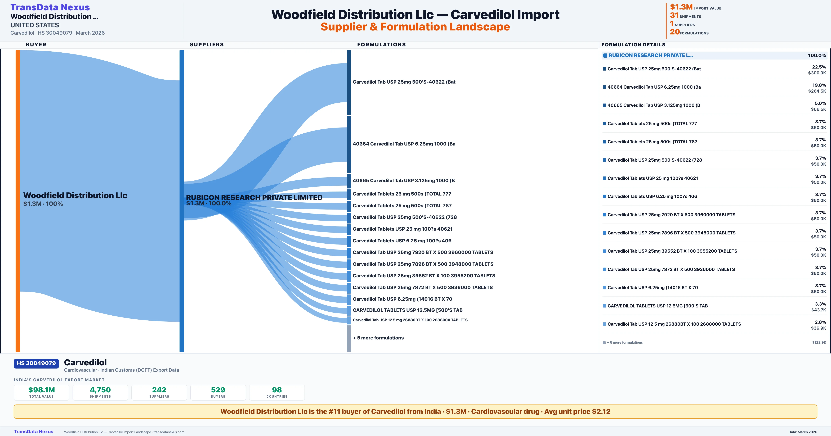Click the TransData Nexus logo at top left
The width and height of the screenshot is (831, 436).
pyautogui.click(x=50, y=7)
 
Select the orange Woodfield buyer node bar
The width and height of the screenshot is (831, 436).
pyautogui.click(x=18, y=200)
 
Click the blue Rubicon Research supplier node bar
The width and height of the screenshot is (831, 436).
pyautogui.click(x=182, y=200)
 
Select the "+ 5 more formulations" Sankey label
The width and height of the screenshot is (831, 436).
pyautogui.click(x=378, y=338)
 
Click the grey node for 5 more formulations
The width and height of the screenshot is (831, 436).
pyautogui.click(x=349, y=338)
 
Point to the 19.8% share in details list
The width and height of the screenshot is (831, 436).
pyautogui.click(x=819, y=85)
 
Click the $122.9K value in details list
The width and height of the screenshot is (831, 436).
pyautogui.click(x=819, y=342)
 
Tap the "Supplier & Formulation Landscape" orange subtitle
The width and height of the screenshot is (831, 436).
pyautogui.click(x=415, y=27)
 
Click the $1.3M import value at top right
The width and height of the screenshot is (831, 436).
pyautogui.click(x=681, y=7)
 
